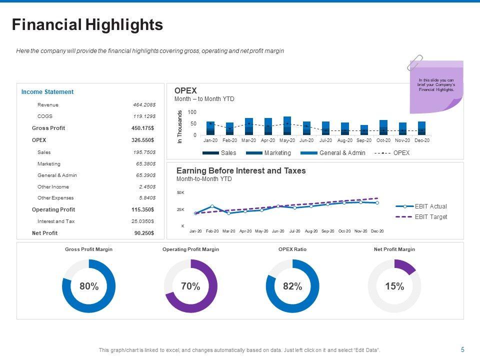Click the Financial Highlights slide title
pos(87,25)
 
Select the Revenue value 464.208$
pos(144,105)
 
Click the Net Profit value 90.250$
pos(144,233)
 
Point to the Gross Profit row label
pos(48,128)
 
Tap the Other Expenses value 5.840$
pos(145,198)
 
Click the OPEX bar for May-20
pos(287,125)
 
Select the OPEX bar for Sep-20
pos(364,130)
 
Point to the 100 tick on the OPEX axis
pos(192,112)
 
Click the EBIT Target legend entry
pos(430,217)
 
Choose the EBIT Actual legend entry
pos(430,206)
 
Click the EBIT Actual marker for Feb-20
pos(212,206)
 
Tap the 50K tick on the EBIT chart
pos(180,192)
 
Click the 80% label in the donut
pos(89,286)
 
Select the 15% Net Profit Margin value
pos(394,286)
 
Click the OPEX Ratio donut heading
pos(292,249)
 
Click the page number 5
pos(462,349)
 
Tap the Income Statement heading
pos(47,92)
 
